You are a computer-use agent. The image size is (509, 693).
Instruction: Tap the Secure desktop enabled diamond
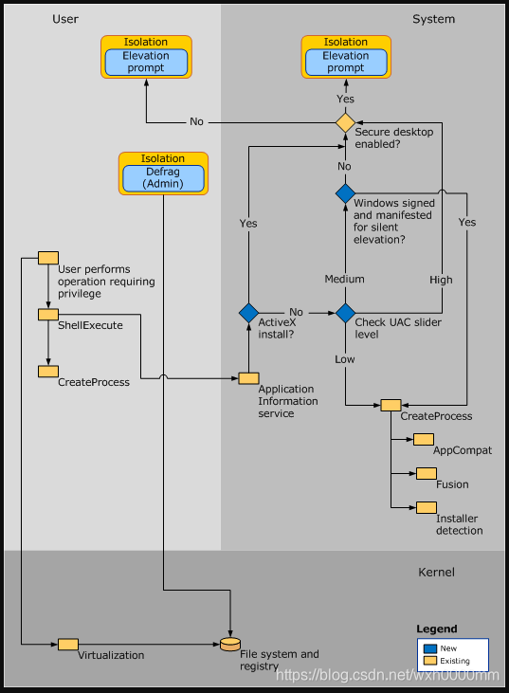345,122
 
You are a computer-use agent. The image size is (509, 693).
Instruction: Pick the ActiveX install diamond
248,312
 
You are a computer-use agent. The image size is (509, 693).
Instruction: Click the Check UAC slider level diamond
345,312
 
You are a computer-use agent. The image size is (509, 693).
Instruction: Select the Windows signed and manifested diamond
345,192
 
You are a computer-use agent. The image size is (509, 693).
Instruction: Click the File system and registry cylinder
229,644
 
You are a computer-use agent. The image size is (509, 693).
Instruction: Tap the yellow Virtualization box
68,644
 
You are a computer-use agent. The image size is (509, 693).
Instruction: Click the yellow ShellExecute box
48,314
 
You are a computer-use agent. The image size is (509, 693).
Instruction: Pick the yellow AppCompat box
423,439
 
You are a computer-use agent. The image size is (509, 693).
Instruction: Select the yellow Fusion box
426,473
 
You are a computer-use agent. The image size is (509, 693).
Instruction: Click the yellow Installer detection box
426,507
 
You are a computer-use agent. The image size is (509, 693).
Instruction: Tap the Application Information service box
248,378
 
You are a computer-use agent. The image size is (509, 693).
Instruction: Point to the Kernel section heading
436,572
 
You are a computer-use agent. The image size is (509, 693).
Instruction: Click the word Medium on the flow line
344,279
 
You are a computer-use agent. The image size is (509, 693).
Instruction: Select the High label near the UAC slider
441,280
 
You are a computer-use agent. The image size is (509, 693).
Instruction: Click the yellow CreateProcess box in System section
391,405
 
